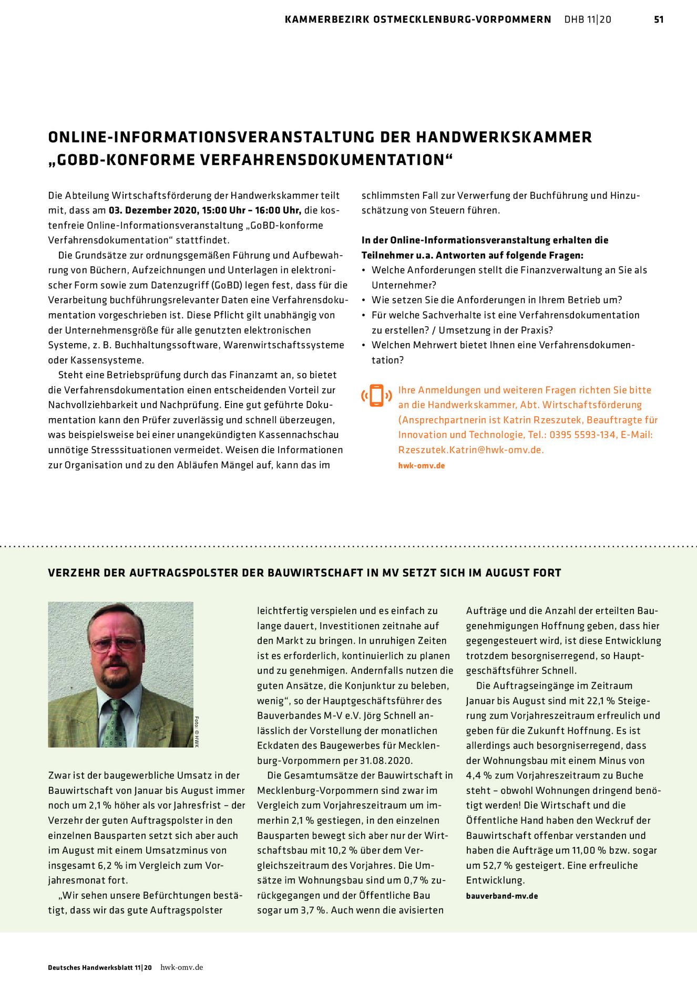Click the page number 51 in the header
[659, 19]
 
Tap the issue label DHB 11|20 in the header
[588, 19]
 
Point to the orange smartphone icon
[376, 396]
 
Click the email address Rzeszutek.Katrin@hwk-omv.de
[470, 450]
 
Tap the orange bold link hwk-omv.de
[421, 466]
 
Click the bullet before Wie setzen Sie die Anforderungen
[364, 300]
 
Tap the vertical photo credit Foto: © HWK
[197, 731]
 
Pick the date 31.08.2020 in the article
[386, 761]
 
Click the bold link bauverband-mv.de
[502, 896]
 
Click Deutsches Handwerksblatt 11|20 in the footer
[100, 968]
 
